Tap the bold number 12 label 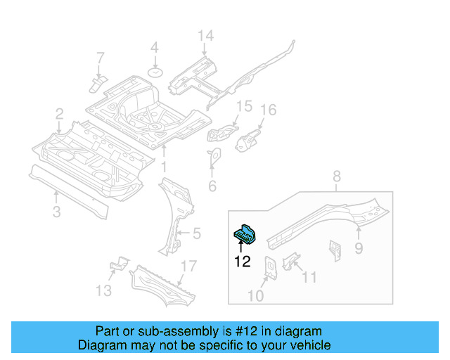pyautogui.click(x=242, y=262)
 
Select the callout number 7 pyautogui.click(x=100, y=58)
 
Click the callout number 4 pyautogui.click(x=155, y=49)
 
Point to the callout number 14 pyautogui.click(x=204, y=36)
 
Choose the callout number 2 pyautogui.click(x=60, y=113)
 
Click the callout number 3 pyautogui.click(x=57, y=212)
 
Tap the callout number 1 pyautogui.click(x=164, y=167)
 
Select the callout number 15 pyautogui.click(x=243, y=106)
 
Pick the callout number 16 pyautogui.click(x=269, y=110)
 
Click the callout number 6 pyautogui.click(x=212, y=186)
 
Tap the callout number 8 pyautogui.click(x=336, y=176)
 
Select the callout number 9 pyautogui.click(x=359, y=247)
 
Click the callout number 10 pyautogui.click(x=256, y=296)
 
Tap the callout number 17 pyautogui.click(x=188, y=266)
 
